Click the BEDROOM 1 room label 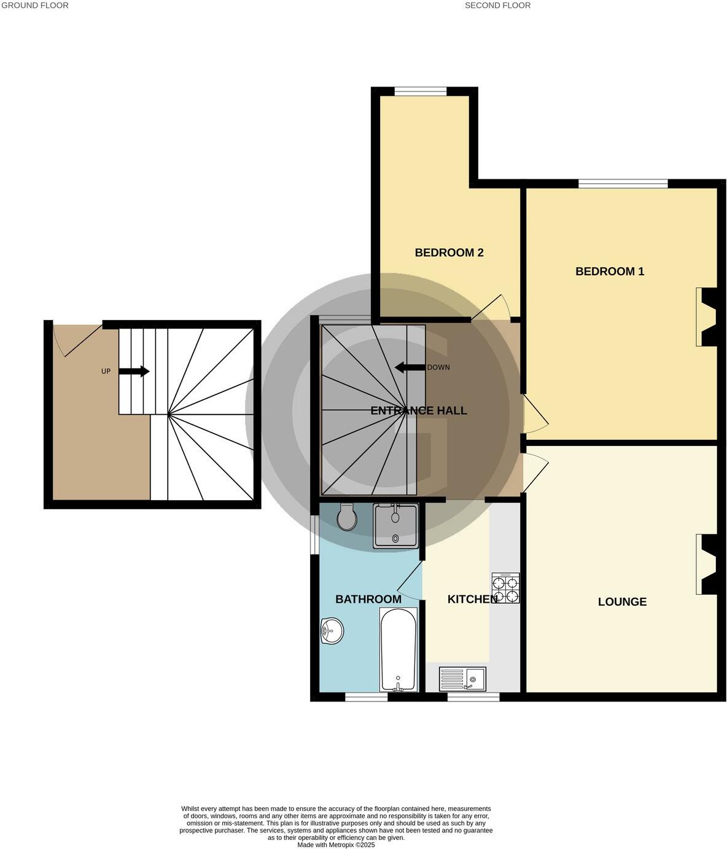tap(610, 272)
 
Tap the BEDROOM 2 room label tap(449, 252)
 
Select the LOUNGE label tap(622, 602)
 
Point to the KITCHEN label tap(472, 600)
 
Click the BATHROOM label tap(368, 600)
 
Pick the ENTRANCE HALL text tap(419, 411)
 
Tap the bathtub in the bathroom tap(398, 649)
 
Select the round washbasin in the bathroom tap(332, 630)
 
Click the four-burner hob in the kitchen tap(505, 588)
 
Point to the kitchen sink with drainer tap(462, 679)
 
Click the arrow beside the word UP tap(134, 371)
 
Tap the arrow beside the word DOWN tap(410, 367)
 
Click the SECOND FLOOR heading tap(497, 6)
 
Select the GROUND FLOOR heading tap(34, 6)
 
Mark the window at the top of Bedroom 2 tap(421, 92)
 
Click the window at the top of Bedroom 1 tap(623, 183)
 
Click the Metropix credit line tap(336, 845)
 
